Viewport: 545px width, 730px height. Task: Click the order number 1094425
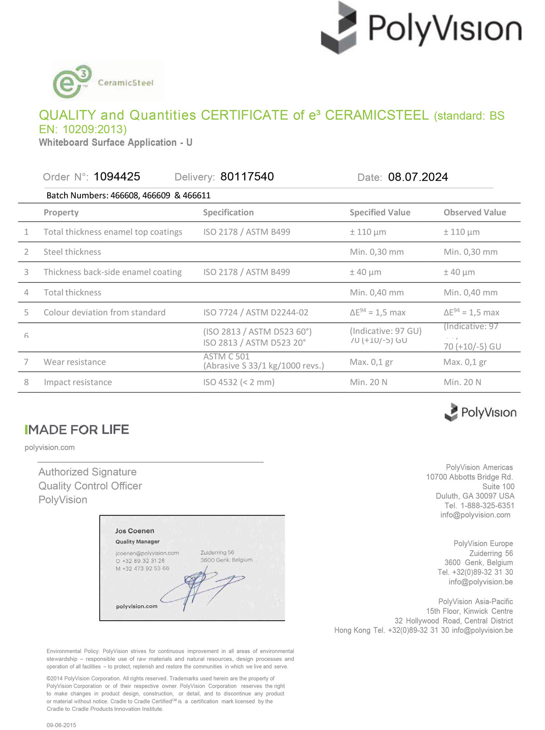click(117, 177)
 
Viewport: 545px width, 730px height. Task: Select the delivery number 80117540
click(247, 177)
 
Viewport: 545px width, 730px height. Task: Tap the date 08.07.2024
click(418, 177)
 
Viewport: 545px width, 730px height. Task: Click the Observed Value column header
click(475, 212)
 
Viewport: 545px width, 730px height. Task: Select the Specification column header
click(228, 212)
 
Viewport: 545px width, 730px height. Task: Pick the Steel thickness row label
click(72, 252)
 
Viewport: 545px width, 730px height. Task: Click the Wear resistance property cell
click(74, 362)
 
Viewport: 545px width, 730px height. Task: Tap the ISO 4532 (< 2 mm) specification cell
click(238, 382)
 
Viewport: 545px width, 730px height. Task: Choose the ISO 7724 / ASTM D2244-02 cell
click(256, 312)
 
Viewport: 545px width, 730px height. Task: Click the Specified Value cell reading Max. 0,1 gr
click(371, 362)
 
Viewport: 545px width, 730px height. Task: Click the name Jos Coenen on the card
click(134, 531)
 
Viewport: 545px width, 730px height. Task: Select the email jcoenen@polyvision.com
click(147, 553)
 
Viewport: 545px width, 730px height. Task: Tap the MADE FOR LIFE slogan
click(77, 429)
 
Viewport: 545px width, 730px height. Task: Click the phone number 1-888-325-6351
click(487, 505)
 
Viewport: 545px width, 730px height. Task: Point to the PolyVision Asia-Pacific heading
click(476, 602)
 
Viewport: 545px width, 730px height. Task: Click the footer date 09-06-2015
click(61, 725)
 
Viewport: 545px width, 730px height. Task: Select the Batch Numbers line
click(129, 196)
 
